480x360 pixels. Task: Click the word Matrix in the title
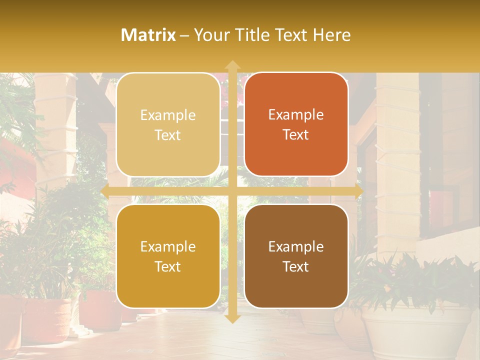tap(148, 35)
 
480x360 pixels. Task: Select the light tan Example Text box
tap(168, 125)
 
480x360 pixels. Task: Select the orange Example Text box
tap(296, 124)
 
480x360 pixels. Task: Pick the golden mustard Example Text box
tap(168, 256)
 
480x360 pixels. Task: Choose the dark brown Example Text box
tap(296, 256)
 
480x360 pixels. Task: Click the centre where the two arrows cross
tap(232, 191)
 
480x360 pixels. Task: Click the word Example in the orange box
tap(296, 115)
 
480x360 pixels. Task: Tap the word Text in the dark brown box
tap(296, 266)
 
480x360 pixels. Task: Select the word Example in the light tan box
tap(168, 115)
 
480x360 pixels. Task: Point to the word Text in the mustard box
tap(168, 266)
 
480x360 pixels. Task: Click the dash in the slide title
tap(184, 35)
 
